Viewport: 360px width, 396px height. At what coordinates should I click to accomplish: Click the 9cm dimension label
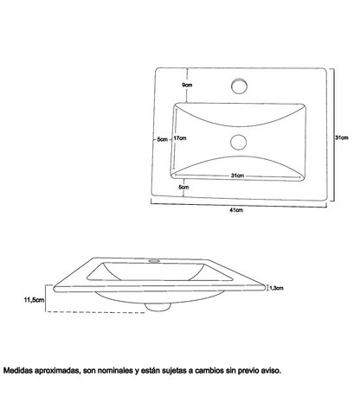coord(187,85)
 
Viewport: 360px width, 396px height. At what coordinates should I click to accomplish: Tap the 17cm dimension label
coord(180,138)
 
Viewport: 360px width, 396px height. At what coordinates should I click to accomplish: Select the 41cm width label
coord(236,210)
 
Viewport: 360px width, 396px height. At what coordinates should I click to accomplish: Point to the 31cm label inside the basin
coord(237,176)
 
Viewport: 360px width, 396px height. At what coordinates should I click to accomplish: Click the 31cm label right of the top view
coord(342,137)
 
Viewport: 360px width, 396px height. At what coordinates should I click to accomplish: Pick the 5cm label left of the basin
coord(163,139)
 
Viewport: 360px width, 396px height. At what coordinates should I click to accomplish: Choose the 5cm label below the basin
coord(183,187)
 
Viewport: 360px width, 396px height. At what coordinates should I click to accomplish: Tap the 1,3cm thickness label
coord(276,288)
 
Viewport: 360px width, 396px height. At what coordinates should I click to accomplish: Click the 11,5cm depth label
coord(35,300)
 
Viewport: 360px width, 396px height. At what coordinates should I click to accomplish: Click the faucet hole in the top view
coord(239,86)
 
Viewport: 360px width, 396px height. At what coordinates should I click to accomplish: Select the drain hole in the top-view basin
coord(239,142)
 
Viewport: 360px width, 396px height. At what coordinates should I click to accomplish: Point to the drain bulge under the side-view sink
coord(157,307)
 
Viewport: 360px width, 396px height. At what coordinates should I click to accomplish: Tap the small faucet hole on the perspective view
coord(154,261)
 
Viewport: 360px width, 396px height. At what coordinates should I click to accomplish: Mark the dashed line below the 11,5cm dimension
coord(95,312)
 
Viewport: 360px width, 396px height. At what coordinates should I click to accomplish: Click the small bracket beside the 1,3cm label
coord(267,287)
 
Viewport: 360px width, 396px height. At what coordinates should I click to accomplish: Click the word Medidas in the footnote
coord(18,370)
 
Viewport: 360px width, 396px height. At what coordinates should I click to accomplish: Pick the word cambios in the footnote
coord(209,370)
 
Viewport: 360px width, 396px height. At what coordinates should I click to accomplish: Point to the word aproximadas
coord(57,371)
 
